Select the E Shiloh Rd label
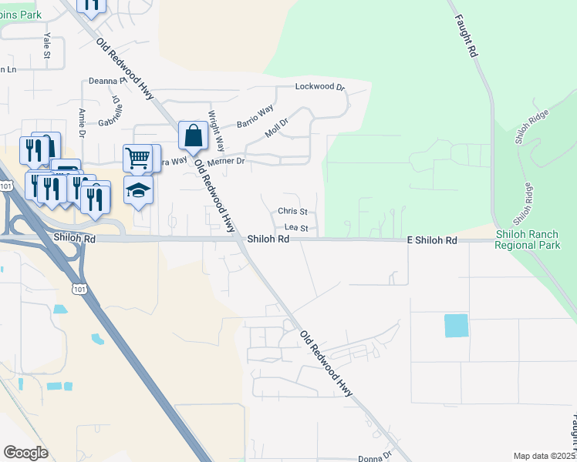432,241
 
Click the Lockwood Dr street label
320,87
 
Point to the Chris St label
293,211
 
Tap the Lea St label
296,228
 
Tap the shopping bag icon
193,136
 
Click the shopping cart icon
137,159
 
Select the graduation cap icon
139,189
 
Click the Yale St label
46,47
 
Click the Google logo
25,453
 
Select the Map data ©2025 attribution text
545,456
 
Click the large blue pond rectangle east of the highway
456,326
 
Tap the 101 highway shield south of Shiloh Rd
77,288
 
